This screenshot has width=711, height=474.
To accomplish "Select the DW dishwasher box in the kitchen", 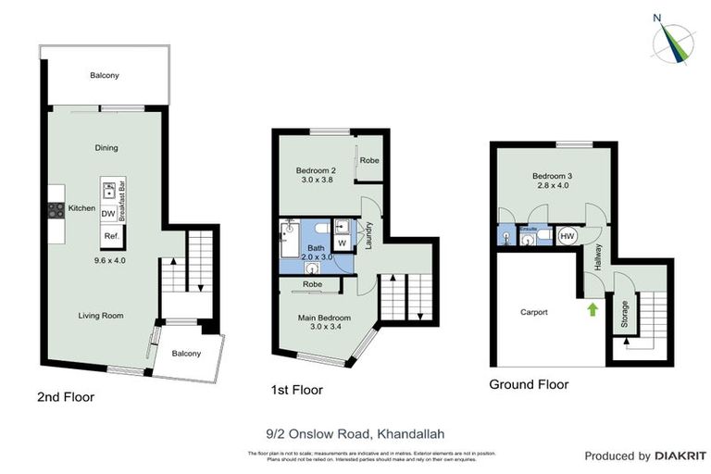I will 108,214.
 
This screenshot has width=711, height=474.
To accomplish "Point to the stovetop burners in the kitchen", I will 56,209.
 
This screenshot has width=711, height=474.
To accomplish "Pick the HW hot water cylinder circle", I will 567,236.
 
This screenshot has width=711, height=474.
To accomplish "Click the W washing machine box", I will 342,243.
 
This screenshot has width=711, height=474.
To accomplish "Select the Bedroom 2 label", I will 316,170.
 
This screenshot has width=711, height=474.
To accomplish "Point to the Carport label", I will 533,312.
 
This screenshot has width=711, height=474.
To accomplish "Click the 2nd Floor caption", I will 66,397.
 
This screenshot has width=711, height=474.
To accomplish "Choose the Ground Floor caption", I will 529,384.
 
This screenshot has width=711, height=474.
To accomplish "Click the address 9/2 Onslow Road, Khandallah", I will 355,430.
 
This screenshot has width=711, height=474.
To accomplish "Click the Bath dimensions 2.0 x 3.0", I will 316,257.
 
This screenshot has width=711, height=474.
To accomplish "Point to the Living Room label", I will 100,316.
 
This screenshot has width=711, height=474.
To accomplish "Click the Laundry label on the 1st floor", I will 368,235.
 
